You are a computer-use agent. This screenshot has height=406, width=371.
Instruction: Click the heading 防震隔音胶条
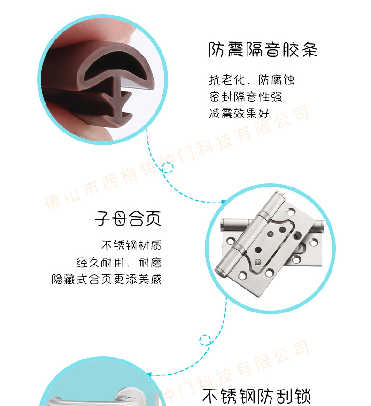tap(263, 49)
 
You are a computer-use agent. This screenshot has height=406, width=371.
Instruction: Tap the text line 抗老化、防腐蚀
tap(251, 80)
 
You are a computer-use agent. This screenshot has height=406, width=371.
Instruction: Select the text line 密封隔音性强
tap(245, 97)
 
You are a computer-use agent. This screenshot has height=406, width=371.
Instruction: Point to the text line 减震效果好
tap(239, 113)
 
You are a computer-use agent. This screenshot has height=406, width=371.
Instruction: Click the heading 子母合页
tap(128, 219)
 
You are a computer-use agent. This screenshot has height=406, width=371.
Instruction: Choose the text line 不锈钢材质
tap(131, 245)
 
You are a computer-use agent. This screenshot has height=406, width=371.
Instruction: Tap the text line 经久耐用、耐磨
tap(119, 263)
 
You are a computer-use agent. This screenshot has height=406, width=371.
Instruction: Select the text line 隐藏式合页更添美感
tap(107, 280)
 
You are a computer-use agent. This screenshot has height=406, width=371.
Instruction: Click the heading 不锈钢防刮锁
tap(256, 396)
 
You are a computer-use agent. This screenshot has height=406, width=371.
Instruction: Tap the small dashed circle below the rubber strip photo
tap(168, 168)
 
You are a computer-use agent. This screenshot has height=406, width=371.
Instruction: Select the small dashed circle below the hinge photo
tap(205, 340)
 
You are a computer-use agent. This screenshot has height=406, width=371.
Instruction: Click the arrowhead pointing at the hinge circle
tap(223, 202)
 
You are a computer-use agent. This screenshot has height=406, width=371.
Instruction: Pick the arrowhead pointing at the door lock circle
tap(149, 375)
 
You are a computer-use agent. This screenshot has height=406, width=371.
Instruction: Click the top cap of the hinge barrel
tap(280, 195)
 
